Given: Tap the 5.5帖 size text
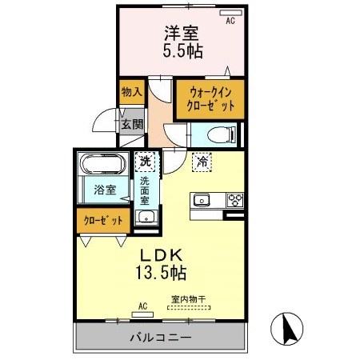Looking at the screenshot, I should pyautogui.click(x=182, y=51).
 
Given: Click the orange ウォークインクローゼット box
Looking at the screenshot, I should pyautogui.click(x=210, y=99).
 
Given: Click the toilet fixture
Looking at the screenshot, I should pyautogui.click(x=222, y=133).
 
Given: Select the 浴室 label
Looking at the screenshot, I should pyautogui.click(x=106, y=190).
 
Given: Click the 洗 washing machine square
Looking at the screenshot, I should pyautogui.click(x=145, y=162).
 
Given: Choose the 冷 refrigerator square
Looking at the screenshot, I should pyautogui.click(x=202, y=162).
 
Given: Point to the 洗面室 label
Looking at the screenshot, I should pyautogui.click(x=146, y=192).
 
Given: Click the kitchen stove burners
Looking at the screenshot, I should pyautogui.click(x=235, y=200).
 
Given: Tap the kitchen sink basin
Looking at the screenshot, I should pyautogui.click(x=200, y=200).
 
